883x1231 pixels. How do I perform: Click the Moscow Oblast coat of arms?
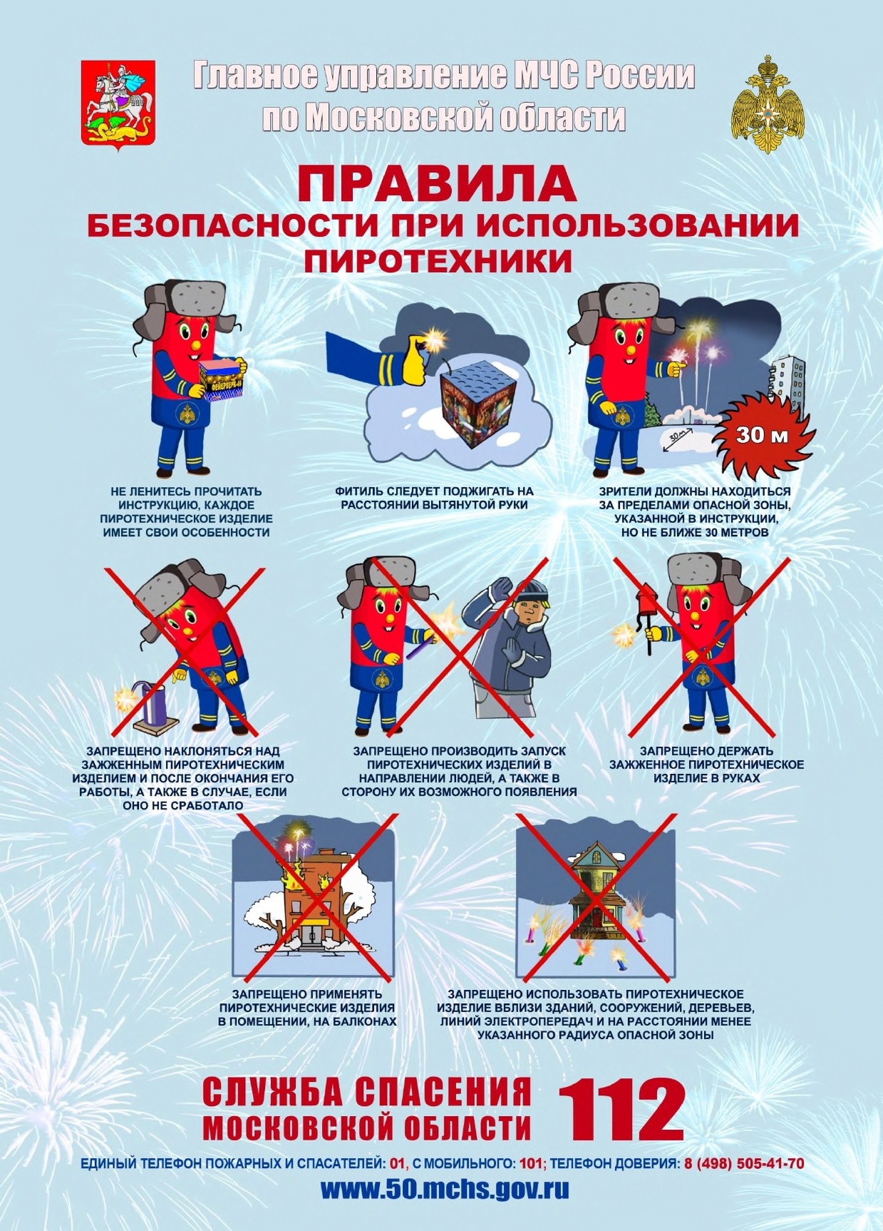[118, 101]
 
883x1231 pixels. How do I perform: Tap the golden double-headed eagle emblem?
[768, 103]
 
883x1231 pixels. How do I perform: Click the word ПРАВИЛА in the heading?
[437, 184]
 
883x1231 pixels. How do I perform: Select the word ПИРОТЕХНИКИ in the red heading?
[438, 261]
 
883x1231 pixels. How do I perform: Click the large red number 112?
[621, 1110]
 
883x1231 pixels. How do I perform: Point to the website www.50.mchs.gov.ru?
[445, 1190]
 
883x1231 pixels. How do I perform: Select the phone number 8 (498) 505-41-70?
[744, 1163]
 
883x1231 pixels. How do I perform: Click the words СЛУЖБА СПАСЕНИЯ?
[368, 1091]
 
